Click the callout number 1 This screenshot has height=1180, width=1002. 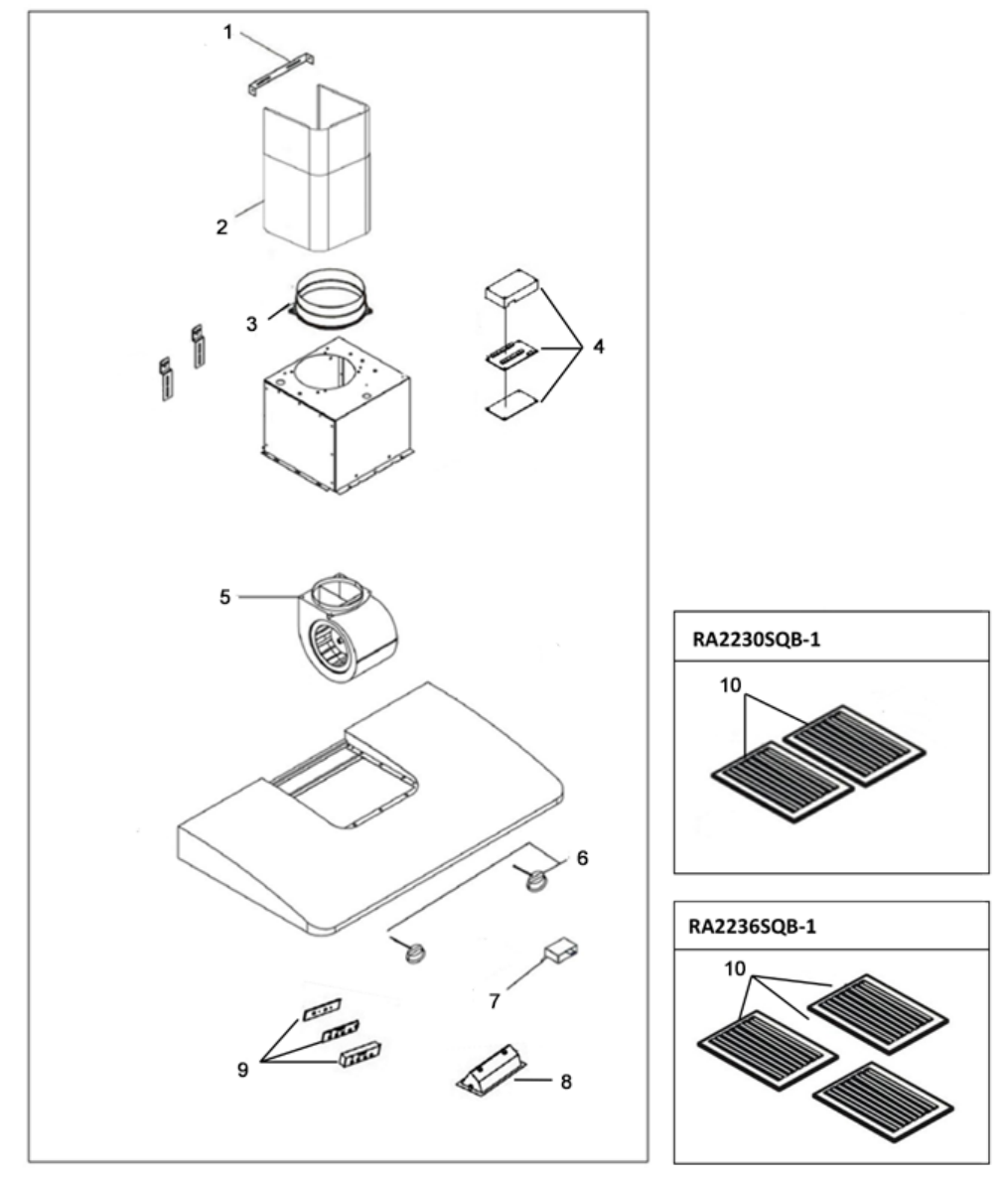point(228,33)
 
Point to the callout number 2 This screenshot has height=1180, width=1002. point(221,226)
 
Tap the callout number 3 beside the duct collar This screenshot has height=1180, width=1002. point(251,324)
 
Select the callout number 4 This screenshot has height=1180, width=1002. point(598,347)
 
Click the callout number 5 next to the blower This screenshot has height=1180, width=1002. point(224,598)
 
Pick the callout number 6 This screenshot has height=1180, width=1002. point(582,858)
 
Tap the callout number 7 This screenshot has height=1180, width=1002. point(495,1001)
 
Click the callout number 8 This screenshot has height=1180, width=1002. point(566,1082)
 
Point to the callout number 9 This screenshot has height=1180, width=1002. point(242,1070)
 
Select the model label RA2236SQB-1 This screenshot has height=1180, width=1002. point(753,926)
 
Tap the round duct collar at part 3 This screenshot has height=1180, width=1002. point(330,302)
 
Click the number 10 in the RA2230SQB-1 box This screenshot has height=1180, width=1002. point(731,685)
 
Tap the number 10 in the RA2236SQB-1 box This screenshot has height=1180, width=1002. point(735,968)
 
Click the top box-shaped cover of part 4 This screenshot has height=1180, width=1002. point(512,289)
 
